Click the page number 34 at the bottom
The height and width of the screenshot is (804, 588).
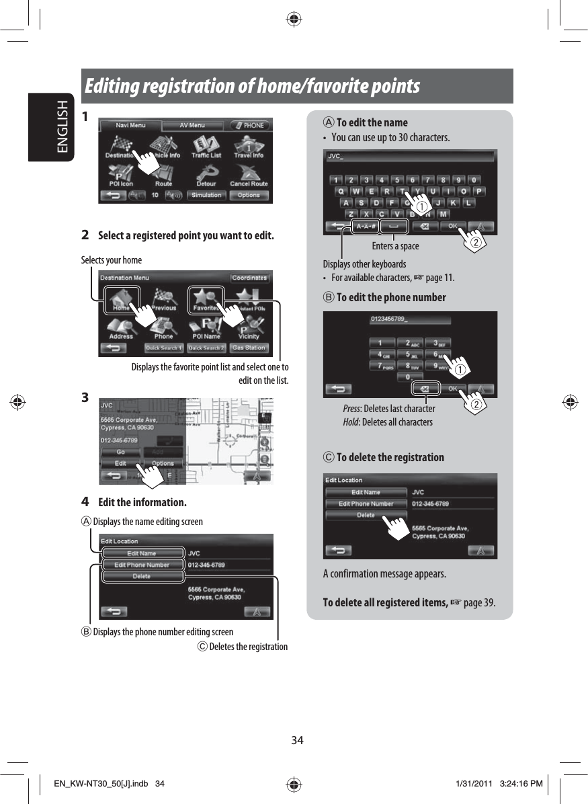[297, 740]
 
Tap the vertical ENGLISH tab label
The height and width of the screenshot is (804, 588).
[62, 128]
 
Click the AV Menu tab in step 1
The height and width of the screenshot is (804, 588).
[192, 126]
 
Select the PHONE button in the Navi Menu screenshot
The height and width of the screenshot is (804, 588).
[250, 126]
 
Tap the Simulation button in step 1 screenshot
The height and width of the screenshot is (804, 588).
[206, 196]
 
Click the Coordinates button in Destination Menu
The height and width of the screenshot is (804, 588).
[250, 278]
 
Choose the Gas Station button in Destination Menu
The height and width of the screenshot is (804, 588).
[249, 348]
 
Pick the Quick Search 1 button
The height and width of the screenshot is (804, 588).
[164, 348]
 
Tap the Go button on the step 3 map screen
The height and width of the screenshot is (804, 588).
[120, 452]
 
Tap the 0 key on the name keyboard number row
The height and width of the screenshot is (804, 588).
[474, 180]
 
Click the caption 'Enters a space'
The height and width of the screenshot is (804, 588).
[395, 247]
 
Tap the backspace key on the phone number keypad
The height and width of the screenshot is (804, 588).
[424, 389]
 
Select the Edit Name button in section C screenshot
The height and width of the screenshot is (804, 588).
[366, 493]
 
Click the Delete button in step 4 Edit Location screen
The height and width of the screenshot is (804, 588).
[142, 577]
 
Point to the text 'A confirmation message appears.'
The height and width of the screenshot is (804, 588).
[384, 574]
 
